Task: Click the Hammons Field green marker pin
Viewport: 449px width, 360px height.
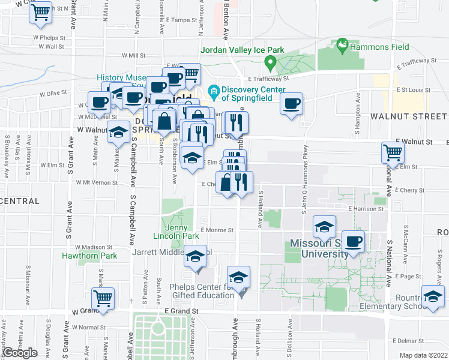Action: [x=342, y=44]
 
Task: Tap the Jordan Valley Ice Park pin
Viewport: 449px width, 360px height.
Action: [x=271, y=61]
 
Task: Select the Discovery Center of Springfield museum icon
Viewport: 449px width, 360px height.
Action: [x=212, y=91]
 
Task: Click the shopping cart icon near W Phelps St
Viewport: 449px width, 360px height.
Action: [x=41, y=13]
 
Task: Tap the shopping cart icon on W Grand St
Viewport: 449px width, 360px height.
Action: [x=103, y=298]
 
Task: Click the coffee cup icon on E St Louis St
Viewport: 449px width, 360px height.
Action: [x=292, y=103]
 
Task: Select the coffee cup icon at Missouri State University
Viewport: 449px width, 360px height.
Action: [x=353, y=241]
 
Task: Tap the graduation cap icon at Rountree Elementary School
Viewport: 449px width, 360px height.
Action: [x=433, y=296]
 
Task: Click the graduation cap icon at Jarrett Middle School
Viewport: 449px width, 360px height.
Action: [x=195, y=256]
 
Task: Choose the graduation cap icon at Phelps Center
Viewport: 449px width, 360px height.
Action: [x=238, y=277]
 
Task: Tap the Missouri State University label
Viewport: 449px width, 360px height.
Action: [x=319, y=248]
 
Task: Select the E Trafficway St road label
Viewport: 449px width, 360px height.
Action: [x=268, y=78]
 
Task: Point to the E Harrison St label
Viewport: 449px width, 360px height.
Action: [x=366, y=209]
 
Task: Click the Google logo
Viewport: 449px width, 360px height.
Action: [x=20, y=353]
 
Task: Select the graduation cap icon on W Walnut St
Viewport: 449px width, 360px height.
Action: [x=119, y=132]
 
